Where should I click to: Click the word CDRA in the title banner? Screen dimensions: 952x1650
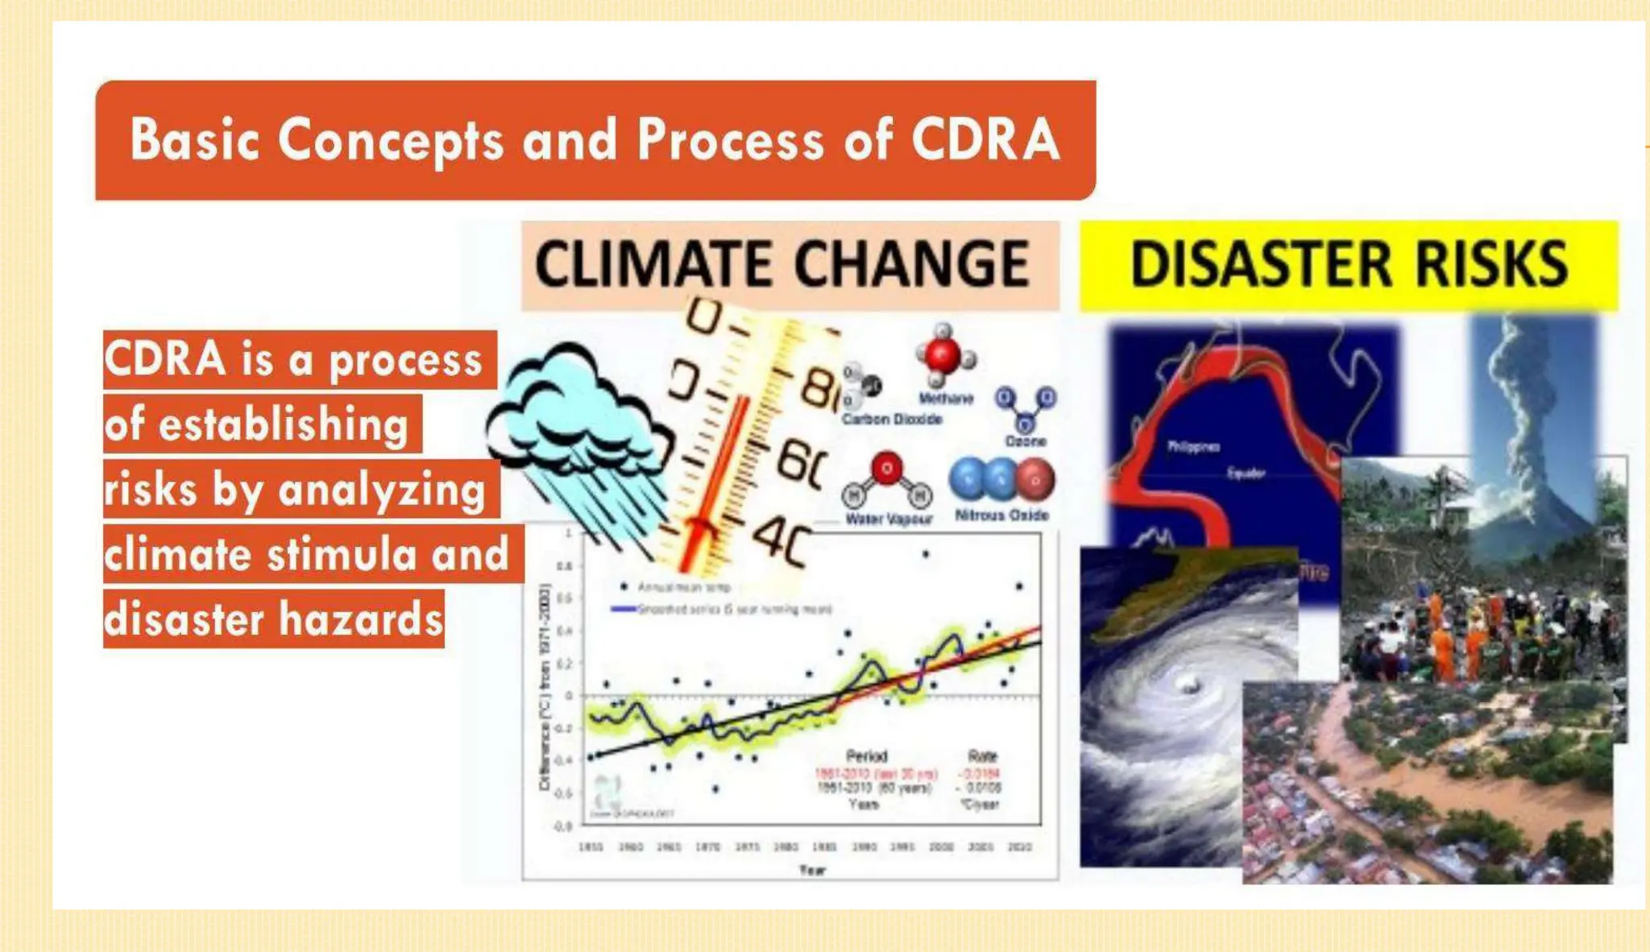pos(985,139)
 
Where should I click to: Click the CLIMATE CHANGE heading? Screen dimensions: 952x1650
pos(782,264)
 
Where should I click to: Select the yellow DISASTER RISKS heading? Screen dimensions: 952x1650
pos(1349,264)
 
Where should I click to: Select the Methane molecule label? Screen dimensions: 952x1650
pos(946,399)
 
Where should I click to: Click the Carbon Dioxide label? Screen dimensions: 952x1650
pos(892,420)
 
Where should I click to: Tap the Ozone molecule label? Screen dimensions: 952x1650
pos(1026,441)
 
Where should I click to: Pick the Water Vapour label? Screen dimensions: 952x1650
pos(889,519)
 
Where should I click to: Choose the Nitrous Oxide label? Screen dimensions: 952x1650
pos(1001,515)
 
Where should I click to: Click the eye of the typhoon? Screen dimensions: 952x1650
pos(1186,685)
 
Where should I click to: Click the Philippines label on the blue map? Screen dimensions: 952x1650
pos(1193,447)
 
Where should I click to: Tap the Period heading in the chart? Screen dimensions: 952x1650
pos(867,756)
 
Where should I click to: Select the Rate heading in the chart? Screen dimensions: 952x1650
pos(982,756)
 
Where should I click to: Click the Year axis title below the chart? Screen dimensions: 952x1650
pos(812,870)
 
